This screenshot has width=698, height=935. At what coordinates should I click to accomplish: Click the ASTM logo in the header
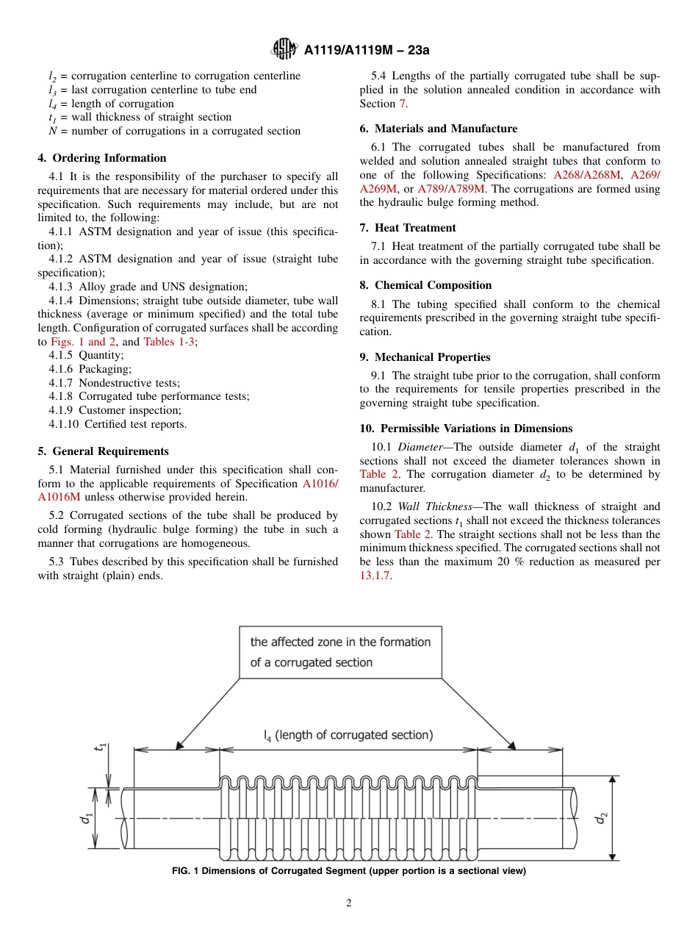[284, 49]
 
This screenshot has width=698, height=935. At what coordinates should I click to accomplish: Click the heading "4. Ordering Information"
[102, 158]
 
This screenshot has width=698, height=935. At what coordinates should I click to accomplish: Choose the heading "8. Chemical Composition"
[425, 285]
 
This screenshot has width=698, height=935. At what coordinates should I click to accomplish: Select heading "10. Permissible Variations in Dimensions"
[466, 429]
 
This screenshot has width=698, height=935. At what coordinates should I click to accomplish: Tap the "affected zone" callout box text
[340, 652]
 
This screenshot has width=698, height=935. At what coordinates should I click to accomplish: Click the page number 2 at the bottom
[349, 903]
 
